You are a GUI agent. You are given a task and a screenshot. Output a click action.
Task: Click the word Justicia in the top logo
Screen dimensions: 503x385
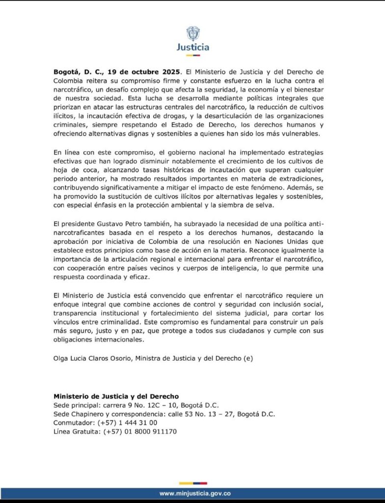click(x=192, y=47)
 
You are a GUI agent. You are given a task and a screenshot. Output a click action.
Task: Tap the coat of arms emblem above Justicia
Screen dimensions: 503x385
click(x=192, y=33)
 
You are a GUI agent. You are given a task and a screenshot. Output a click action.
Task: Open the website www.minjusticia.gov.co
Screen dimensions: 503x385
click(x=195, y=493)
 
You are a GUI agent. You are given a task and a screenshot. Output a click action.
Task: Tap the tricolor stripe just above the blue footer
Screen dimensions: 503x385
click(x=192, y=483)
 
